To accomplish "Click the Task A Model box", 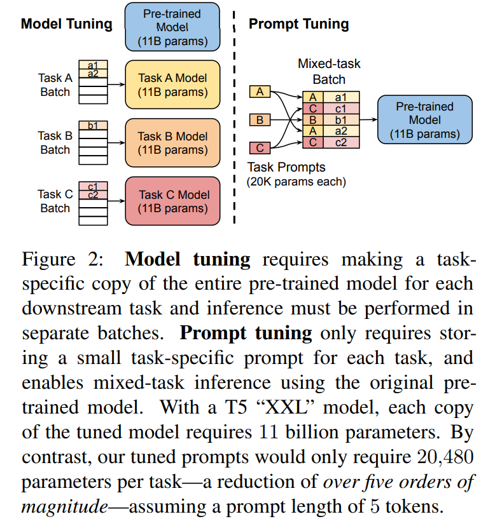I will [x=172, y=84].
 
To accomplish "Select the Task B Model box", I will [x=172, y=143].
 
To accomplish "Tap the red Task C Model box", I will [x=172, y=201].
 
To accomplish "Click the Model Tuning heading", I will [x=66, y=25].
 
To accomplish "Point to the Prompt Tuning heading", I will [x=298, y=25].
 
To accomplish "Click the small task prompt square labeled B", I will [x=259, y=120].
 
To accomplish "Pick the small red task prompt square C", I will [x=259, y=148].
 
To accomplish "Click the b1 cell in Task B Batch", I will [x=93, y=125].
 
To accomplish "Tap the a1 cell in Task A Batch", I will [x=93, y=64].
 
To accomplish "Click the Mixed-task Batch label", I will [x=329, y=72].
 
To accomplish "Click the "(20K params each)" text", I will [x=296, y=182].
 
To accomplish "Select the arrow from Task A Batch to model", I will [x=115, y=83].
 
